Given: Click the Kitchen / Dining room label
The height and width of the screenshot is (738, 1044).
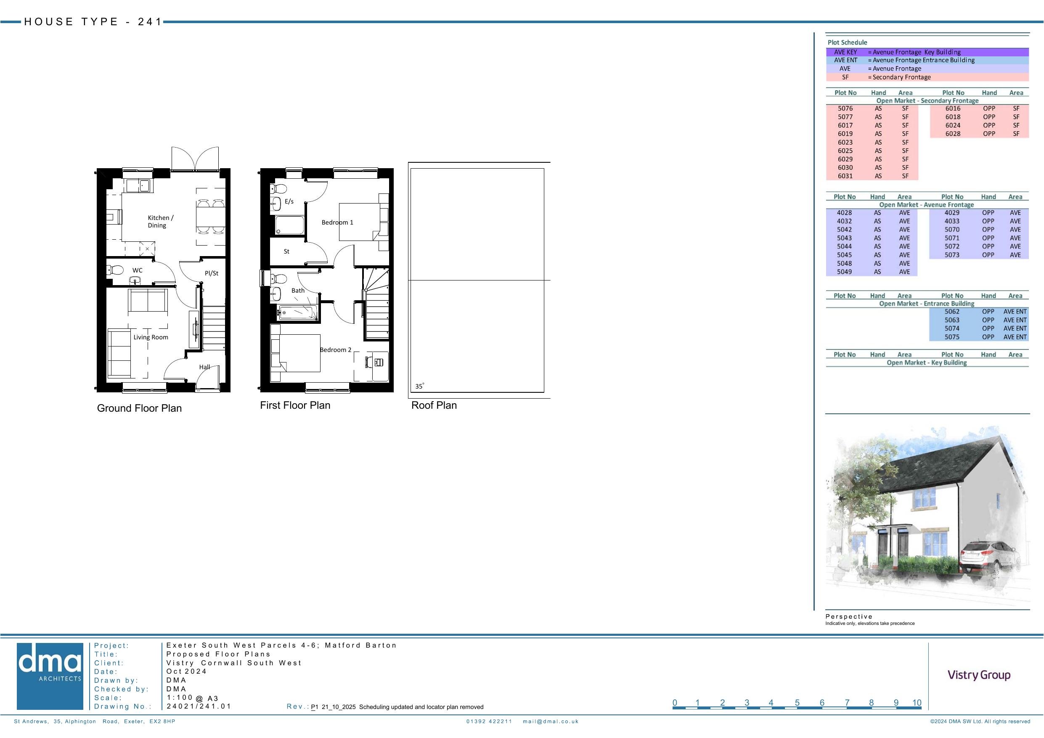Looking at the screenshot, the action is point(161,222).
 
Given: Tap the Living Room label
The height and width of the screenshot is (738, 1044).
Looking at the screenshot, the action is point(151,337).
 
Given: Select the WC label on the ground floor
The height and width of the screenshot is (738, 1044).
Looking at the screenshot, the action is point(137,270).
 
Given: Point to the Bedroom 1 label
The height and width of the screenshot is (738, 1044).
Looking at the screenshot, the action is point(337,222).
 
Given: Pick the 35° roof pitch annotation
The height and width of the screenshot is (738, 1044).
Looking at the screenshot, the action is point(419,386).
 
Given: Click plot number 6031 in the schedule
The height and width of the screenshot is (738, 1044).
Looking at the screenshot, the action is point(845,176).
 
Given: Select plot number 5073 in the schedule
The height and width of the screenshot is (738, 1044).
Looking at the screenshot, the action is point(952,255).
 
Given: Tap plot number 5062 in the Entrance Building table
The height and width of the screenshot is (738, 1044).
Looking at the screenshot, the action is point(952,312).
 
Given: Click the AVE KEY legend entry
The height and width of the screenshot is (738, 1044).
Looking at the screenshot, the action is point(845,52).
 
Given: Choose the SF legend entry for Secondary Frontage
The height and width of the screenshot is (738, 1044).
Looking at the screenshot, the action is point(845,77).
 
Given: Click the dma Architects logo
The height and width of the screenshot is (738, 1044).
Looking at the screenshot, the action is point(50,676).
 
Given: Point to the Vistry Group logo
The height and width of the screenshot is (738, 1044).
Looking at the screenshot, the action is point(979,675).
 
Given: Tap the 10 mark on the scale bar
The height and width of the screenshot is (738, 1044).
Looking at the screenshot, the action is point(917,703).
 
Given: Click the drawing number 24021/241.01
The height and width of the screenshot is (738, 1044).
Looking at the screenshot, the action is point(199,706).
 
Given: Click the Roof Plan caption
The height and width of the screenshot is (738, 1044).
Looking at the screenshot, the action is point(434,405).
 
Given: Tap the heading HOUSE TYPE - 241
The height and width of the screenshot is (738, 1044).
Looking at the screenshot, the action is point(93,22).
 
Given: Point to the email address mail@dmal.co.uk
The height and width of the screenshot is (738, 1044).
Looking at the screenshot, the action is point(551,721).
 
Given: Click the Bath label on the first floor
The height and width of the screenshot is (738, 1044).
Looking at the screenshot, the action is point(298,291).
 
